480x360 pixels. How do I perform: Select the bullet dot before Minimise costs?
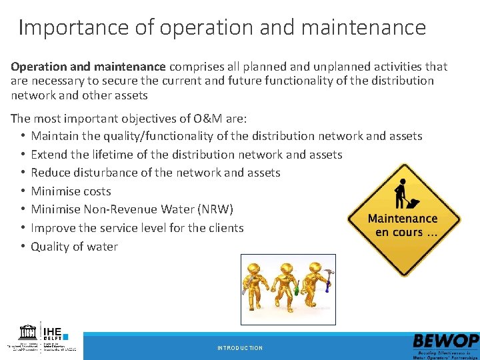[x=22, y=191]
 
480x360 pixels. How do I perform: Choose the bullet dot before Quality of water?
[x=22, y=247]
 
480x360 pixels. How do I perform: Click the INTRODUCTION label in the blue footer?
[x=240, y=348]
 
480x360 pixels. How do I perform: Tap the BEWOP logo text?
[x=445, y=341]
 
